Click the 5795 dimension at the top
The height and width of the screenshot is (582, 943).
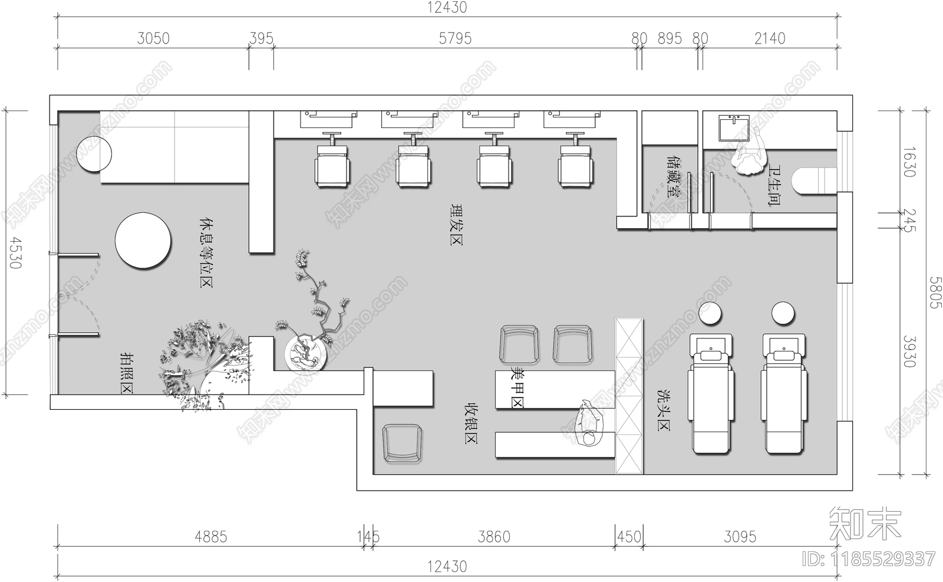click(455, 38)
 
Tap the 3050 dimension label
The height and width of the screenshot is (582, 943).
click(153, 38)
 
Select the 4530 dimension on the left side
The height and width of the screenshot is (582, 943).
click(15, 253)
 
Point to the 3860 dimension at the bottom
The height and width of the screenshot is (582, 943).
click(494, 537)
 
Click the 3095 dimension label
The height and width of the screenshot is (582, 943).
click(740, 537)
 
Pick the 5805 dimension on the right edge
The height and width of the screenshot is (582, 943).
click(935, 292)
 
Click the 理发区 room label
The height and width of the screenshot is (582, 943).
click(456, 224)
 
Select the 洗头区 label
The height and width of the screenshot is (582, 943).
click(664, 409)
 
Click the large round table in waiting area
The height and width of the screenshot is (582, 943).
click(143, 241)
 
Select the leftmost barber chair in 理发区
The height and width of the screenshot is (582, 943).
click(332, 167)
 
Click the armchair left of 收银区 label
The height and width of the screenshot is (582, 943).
click(403, 442)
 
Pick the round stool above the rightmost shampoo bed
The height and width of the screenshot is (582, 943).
click(783, 313)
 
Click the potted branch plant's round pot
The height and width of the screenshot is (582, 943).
click(306, 354)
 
